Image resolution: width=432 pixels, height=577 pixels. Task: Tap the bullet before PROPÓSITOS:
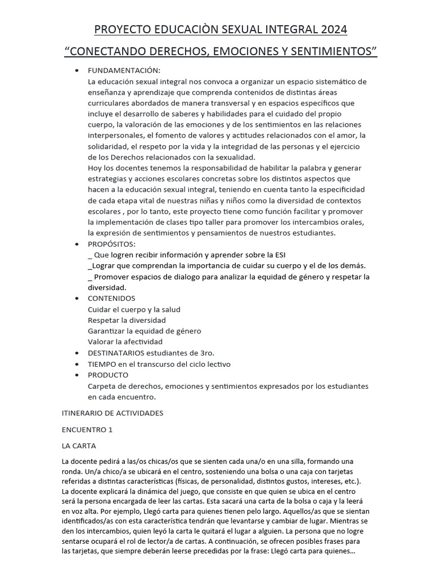tap(77, 245)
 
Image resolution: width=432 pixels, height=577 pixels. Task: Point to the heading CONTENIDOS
tap(111, 299)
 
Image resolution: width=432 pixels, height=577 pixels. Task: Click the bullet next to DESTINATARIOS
tap(77, 353)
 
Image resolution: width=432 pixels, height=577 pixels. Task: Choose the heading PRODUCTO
tap(108, 375)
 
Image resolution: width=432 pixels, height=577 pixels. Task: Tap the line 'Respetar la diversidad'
tap(127, 320)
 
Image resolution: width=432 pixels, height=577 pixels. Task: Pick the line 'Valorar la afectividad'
tap(125, 341)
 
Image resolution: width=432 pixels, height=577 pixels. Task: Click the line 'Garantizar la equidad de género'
tap(145, 331)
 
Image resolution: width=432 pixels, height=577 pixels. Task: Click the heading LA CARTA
tap(79, 446)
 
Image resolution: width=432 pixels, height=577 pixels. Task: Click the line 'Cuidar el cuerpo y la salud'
tap(134, 309)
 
